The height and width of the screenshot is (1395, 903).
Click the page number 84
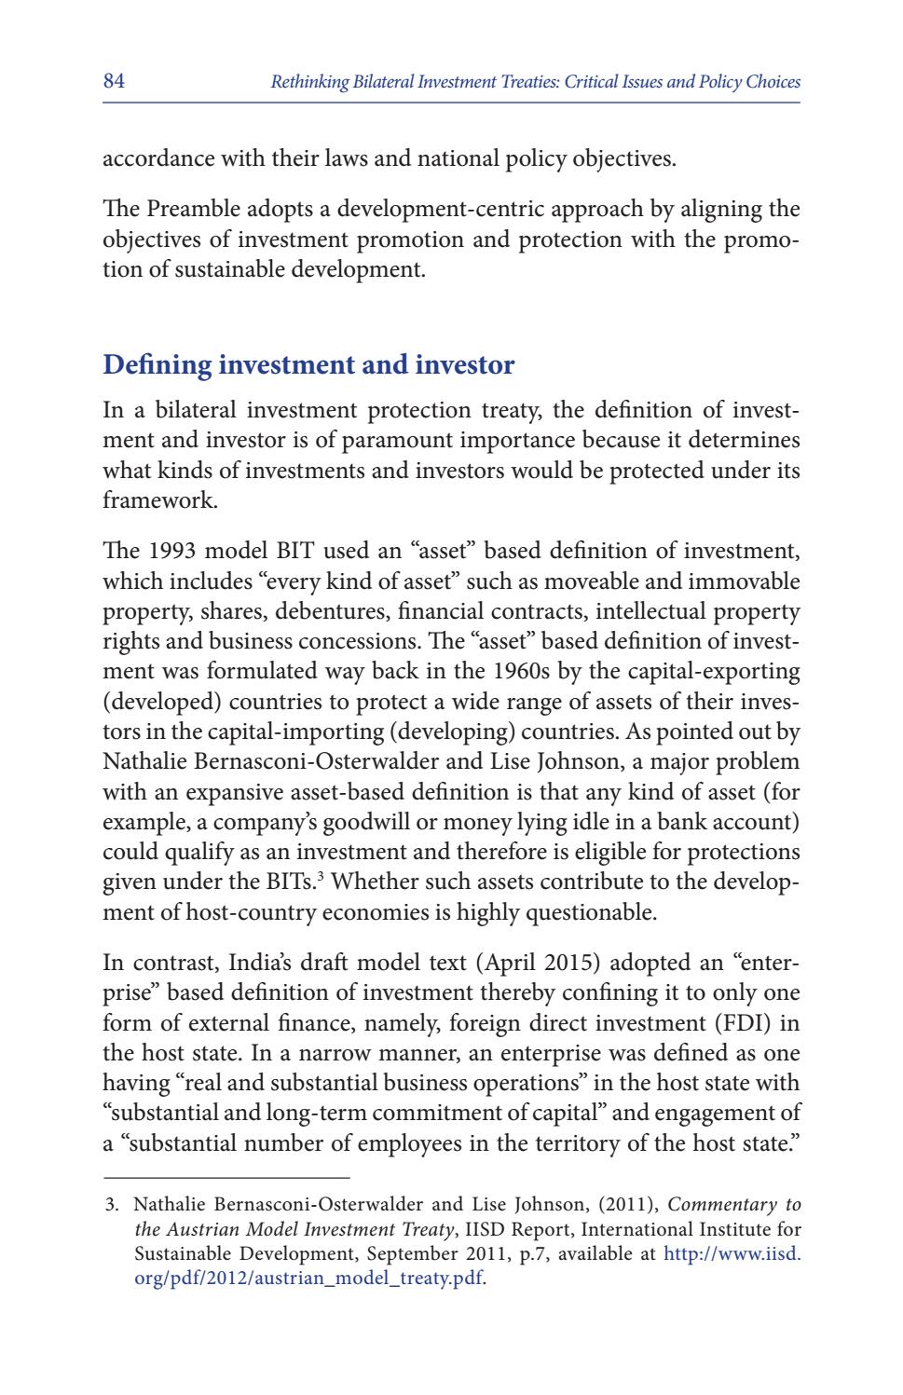tap(114, 81)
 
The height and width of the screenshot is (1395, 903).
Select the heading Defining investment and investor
tap(308, 364)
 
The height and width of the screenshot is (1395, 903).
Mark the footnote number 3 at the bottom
tap(110, 1205)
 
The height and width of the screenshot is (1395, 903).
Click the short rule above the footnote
tap(226, 1176)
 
